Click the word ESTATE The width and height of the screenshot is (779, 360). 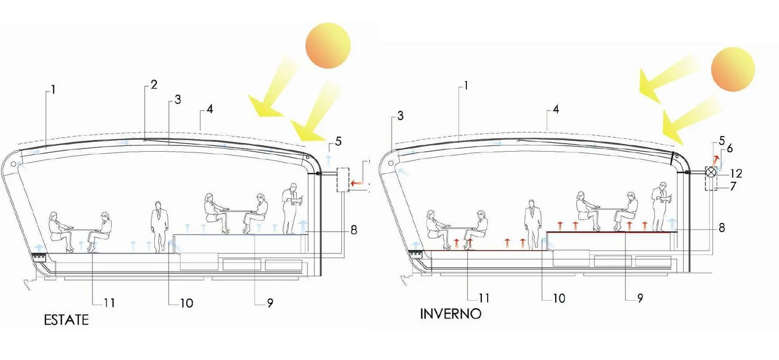[x=66, y=320]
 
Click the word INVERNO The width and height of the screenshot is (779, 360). [x=451, y=314]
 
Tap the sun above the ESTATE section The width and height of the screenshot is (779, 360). [x=328, y=46]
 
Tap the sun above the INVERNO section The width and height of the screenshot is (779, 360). [x=733, y=69]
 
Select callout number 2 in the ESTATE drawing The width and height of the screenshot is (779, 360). [x=154, y=85]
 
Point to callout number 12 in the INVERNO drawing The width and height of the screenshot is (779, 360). [x=736, y=173]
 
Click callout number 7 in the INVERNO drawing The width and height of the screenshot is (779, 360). [x=733, y=186]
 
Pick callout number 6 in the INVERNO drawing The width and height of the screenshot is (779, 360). [x=730, y=148]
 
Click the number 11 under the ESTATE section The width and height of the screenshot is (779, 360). [x=110, y=303]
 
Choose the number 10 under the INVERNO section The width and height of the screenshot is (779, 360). [x=559, y=298]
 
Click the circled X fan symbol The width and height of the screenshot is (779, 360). [x=711, y=172]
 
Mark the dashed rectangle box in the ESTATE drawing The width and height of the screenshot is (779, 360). [x=343, y=180]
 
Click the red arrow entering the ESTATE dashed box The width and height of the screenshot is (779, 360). [x=357, y=183]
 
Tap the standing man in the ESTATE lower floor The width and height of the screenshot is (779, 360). [x=159, y=227]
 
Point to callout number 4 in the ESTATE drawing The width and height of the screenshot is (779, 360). [x=209, y=109]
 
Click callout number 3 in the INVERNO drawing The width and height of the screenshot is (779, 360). [x=400, y=116]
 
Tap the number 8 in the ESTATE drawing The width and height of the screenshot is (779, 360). [x=354, y=230]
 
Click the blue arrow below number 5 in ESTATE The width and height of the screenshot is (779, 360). [x=328, y=161]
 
